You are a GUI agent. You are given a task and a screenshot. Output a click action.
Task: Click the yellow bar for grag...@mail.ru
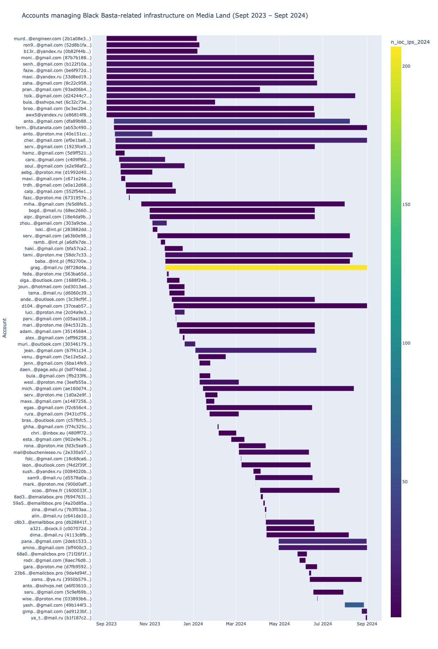(266, 268)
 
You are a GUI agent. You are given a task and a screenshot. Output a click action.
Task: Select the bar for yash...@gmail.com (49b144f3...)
(354, 605)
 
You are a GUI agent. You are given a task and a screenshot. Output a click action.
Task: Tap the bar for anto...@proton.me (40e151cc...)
(133, 134)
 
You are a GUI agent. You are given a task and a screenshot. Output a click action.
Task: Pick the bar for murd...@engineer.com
(152, 38)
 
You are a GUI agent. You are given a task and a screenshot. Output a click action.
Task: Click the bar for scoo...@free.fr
(300, 490)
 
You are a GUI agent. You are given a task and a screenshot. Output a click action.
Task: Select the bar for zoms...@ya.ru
(336, 580)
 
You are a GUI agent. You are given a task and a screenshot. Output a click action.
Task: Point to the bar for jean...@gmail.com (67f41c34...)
(256, 350)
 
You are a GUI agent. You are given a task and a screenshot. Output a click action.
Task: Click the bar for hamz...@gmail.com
(120, 153)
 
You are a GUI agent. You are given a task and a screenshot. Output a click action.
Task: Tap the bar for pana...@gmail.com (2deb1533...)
(323, 541)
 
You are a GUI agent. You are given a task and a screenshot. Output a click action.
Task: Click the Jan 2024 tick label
(193, 624)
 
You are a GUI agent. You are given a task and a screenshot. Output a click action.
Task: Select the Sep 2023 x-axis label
(107, 624)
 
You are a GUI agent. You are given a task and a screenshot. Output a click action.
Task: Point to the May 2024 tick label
(279, 624)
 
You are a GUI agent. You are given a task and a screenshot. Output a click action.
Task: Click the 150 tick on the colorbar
(407, 205)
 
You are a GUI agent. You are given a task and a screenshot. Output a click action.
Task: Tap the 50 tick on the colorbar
(405, 482)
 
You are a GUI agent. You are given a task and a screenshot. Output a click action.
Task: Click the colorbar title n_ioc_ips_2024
(410, 42)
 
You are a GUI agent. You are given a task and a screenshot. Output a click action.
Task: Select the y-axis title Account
(5, 328)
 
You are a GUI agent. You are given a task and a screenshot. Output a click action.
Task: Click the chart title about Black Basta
(165, 16)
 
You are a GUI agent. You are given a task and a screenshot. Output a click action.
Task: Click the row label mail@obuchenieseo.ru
(53, 452)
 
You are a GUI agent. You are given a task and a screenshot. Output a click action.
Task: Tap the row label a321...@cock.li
(61, 528)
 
